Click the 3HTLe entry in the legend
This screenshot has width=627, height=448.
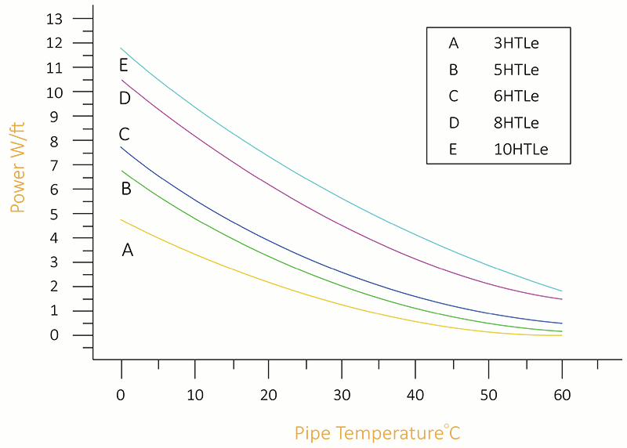click(516, 43)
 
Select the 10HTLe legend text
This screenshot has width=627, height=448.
click(520, 150)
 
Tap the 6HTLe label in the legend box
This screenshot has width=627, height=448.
click(516, 96)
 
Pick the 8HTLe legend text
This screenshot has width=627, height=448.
click(516, 123)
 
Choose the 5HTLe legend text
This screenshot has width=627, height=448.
click(516, 70)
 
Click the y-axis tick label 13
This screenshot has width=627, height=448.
click(54, 19)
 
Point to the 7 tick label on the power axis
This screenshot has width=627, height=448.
click(54, 165)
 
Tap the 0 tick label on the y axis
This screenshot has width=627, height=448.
click(54, 335)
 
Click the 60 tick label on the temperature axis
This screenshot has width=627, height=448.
click(562, 396)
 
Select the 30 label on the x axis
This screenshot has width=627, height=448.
click(342, 396)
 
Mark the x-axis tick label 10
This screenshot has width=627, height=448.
click(195, 396)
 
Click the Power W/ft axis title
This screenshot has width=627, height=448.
click(17, 168)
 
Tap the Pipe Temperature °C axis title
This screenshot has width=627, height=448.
click(378, 433)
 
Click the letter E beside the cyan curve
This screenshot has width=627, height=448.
click(124, 65)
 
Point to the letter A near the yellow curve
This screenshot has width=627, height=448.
click(128, 250)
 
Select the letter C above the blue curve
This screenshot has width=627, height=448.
click(124, 134)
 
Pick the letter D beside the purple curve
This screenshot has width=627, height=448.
click(125, 98)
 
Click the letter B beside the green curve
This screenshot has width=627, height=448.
click(126, 188)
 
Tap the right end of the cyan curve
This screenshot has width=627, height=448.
click(562, 291)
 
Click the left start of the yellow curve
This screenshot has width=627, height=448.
click(121, 220)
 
